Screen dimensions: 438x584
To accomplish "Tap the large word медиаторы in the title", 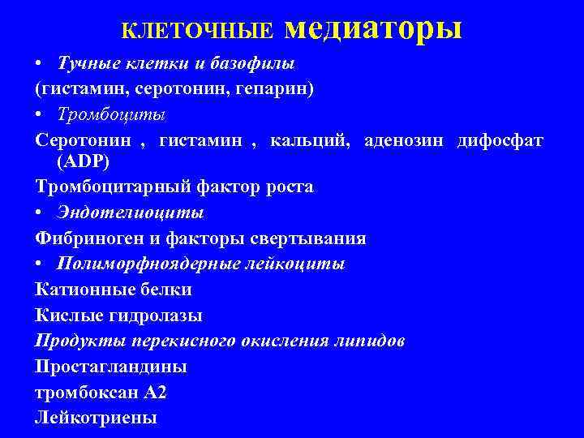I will point(374,28).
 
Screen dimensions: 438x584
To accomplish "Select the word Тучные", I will point(84,64).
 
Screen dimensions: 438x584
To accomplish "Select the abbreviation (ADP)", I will point(82,161).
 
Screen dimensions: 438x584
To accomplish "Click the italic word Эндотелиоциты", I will point(131,213).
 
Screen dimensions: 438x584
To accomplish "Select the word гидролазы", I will point(155,315).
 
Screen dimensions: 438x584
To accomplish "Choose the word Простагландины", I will point(111,367).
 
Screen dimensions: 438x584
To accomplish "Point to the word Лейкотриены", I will point(97,419).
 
